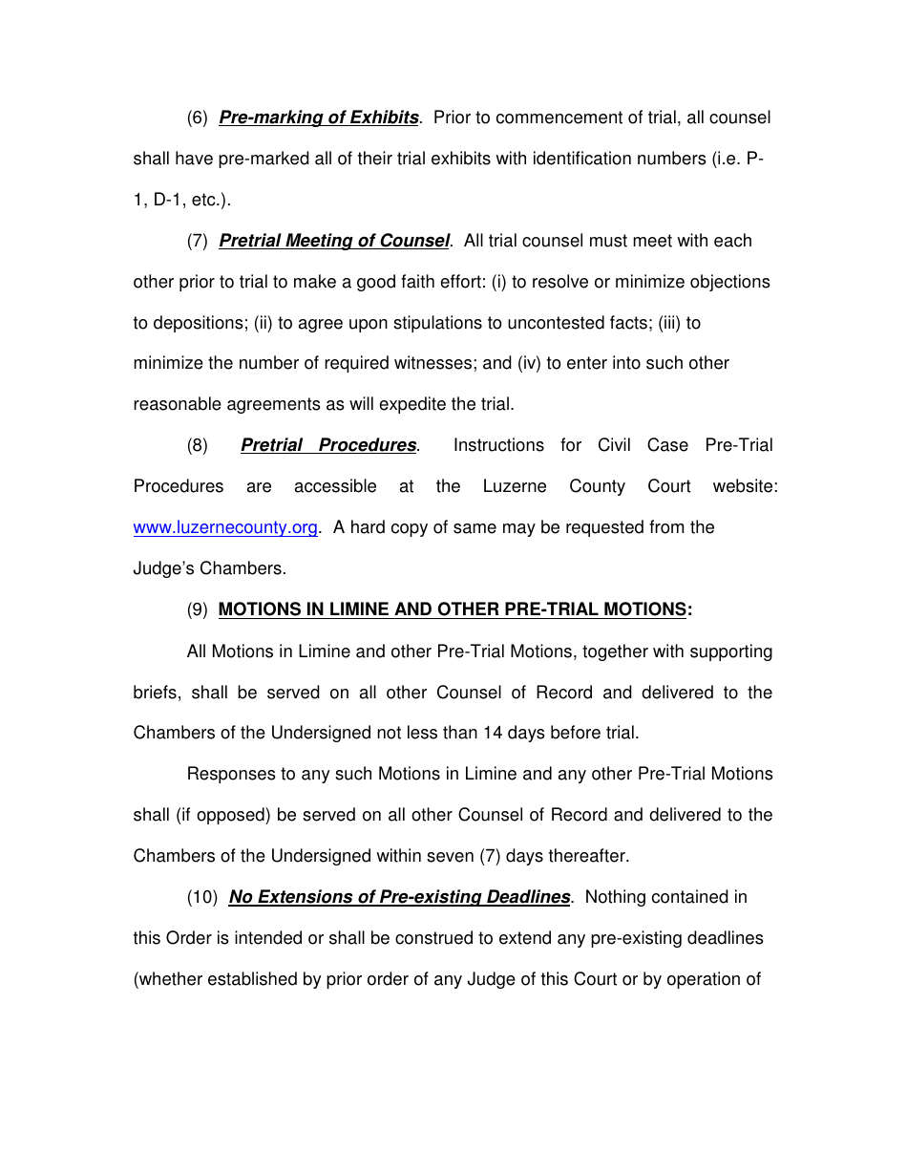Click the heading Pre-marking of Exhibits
pyautogui.click(x=319, y=117)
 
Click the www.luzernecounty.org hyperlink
pyautogui.click(x=225, y=528)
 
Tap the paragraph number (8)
pyautogui.click(x=197, y=445)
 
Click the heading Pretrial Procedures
pyautogui.click(x=328, y=445)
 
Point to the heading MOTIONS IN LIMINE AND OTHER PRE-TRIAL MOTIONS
pyautogui.click(x=453, y=609)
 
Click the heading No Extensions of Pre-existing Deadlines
pyautogui.click(x=399, y=897)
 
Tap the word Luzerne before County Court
pyautogui.click(x=515, y=486)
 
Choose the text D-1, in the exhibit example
pyautogui.click(x=171, y=200)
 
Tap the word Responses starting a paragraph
pyautogui.click(x=228, y=774)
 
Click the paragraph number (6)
pyautogui.click(x=197, y=117)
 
